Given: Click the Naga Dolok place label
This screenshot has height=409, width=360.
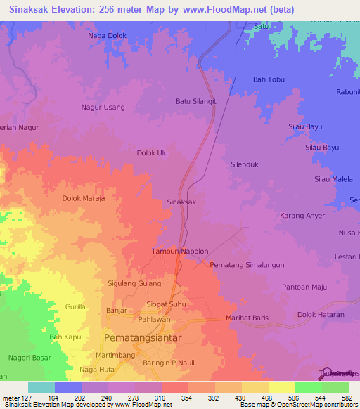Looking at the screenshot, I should point(107,35).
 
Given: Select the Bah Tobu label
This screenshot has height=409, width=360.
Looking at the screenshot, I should point(269,79).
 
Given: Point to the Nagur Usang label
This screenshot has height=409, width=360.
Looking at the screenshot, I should point(103,108).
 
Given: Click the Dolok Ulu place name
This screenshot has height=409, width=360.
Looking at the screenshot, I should point(152,152).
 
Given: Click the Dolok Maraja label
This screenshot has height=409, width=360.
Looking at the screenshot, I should point(84,199).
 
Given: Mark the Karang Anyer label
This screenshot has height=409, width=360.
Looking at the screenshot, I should point(302,216).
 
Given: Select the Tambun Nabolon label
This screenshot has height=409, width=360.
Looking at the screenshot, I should point(180,252).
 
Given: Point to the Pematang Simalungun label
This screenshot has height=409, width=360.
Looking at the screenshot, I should point(247,265).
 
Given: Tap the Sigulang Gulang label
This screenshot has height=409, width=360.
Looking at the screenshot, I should point(134,283).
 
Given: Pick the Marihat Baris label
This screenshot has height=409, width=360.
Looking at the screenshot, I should point(247,318).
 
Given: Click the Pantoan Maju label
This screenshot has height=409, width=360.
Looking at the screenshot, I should point(305,287).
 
